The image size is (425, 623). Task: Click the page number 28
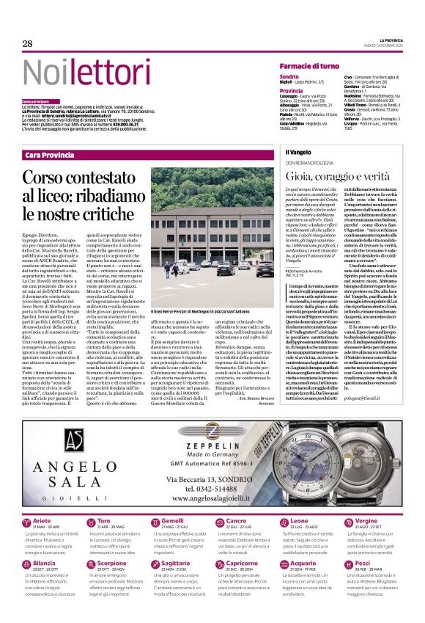pyautogui.click(x=27, y=44)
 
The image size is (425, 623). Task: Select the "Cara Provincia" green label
pyautogui.click(x=49, y=155)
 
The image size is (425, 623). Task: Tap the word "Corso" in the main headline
pyautogui.click(x=46, y=177)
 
